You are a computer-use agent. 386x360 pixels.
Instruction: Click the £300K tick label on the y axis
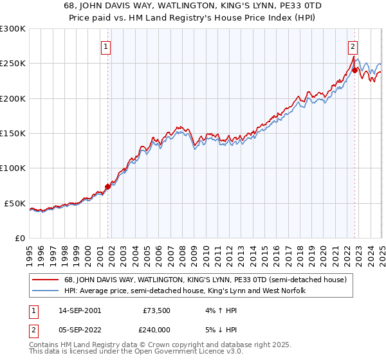click(13, 29)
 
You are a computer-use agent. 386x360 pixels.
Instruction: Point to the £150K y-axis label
click(13, 134)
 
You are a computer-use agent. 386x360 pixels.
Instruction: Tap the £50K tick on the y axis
click(15, 203)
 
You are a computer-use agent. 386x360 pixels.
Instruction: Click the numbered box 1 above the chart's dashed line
click(106, 46)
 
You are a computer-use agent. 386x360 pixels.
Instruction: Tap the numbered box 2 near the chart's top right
click(353, 46)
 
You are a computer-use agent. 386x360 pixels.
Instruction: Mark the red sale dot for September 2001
click(107, 186)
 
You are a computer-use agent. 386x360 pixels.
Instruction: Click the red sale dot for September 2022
click(354, 71)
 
